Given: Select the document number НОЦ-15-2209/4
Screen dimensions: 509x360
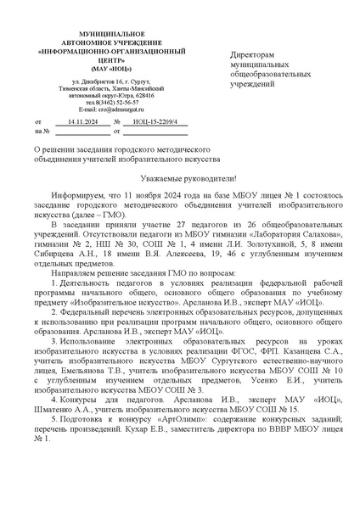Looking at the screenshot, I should (159, 122).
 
